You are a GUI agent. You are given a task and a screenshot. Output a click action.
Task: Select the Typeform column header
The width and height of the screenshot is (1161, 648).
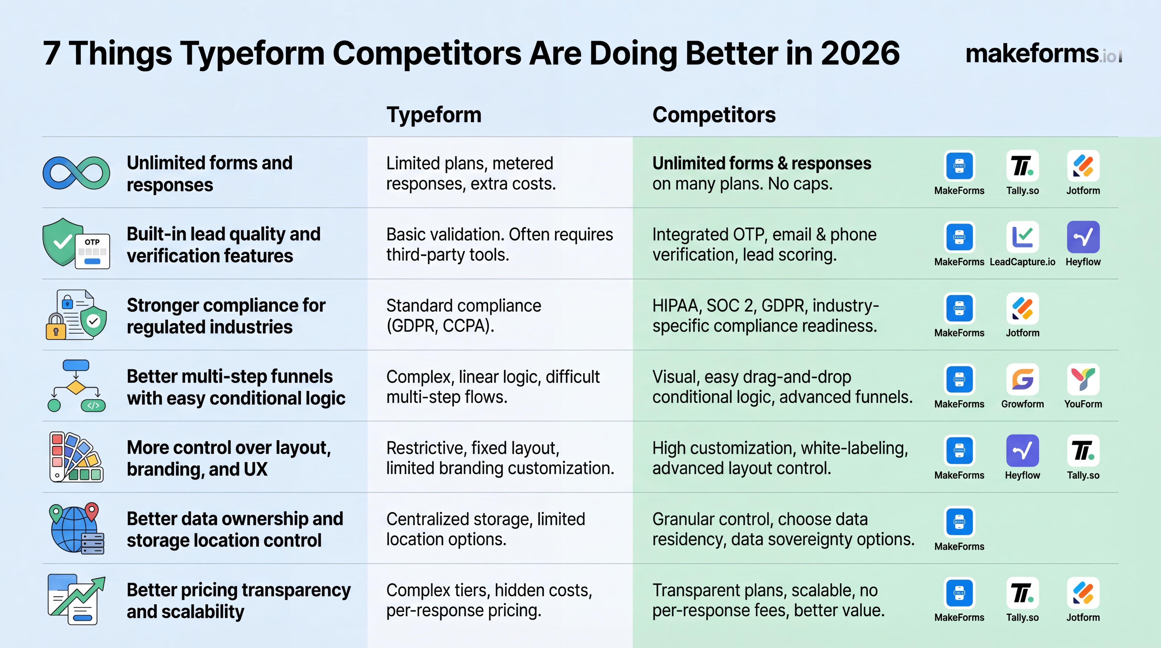pyautogui.click(x=434, y=115)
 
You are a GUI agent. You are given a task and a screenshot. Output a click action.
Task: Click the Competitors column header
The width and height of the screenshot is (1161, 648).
pyautogui.click(x=714, y=115)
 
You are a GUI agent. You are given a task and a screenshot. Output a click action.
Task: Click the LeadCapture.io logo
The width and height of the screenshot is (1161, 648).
pyautogui.click(x=1022, y=237)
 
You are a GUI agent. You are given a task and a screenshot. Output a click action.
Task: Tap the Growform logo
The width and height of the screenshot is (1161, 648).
pyautogui.click(x=1022, y=379)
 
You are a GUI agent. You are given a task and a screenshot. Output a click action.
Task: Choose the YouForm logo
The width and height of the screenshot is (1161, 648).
pyautogui.click(x=1083, y=379)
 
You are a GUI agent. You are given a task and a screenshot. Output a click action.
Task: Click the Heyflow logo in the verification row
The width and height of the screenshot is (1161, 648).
pyautogui.click(x=1083, y=237)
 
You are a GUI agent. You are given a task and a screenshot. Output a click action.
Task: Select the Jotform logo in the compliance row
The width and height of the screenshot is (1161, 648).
pyautogui.click(x=1022, y=308)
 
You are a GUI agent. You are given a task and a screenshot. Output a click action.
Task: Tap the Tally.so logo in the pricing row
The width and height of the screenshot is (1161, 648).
pyautogui.click(x=1022, y=593)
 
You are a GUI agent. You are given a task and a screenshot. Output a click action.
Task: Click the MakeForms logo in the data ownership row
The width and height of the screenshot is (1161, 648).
pyautogui.click(x=959, y=522)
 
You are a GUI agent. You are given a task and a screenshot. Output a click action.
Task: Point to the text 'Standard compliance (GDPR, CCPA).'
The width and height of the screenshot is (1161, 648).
pyautogui.click(x=463, y=315)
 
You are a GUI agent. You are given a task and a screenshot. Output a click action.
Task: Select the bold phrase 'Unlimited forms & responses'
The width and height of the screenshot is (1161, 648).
pyautogui.click(x=762, y=163)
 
